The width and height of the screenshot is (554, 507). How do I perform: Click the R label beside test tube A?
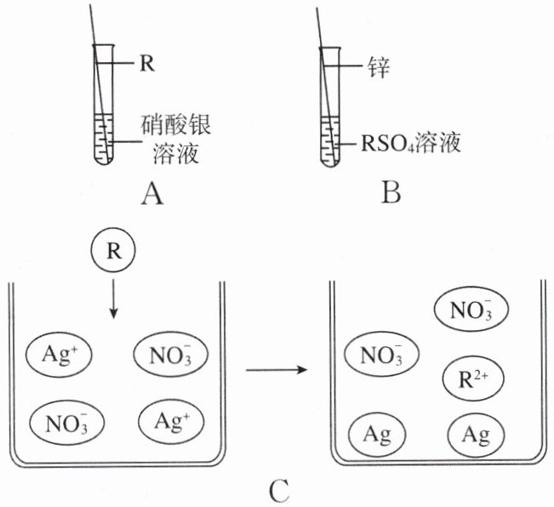coord(147,64)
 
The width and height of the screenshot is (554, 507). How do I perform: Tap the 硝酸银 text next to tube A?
coord(175,125)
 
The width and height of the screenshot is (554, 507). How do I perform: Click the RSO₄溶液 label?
coord(411,144)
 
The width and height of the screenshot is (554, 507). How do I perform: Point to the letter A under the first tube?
coord(152,195)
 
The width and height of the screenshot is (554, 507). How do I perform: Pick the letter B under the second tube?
coord(391,193)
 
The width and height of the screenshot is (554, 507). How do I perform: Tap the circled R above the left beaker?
coord(113,250)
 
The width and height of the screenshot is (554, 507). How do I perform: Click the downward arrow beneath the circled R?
coord(113,299)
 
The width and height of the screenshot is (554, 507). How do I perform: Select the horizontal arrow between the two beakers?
coord(277,370)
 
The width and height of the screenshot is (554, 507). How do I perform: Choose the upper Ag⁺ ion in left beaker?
coord(59,353)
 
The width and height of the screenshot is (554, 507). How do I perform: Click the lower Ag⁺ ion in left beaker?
coord(171,421)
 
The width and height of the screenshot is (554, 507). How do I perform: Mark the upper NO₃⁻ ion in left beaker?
coord(171,354)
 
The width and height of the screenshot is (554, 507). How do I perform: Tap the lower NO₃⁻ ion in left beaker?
coord(66,423)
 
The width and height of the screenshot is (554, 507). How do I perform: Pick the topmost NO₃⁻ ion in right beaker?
coord(471,310)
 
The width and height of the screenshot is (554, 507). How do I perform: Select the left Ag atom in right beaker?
coord(377,435)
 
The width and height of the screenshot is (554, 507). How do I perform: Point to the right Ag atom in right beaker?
coord(476,435)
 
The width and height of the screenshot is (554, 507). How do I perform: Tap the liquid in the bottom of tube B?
coord(329,142)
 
